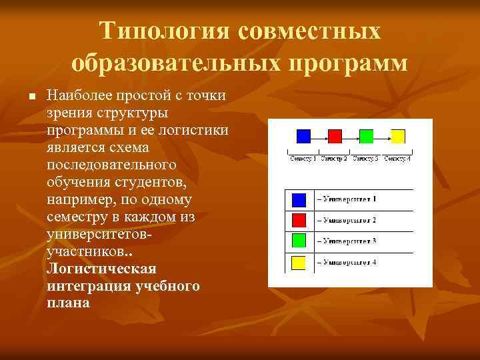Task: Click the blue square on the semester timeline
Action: pyautogui.click(x=303, y=136)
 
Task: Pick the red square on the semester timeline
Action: pyautogui.click(x=335, y=136)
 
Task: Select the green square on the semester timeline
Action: pyautogui.click(x=366, y=136)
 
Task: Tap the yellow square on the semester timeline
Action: pyautogui.click(x=397, y=136)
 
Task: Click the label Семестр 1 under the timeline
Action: pyautogui.click(x=303, y=159)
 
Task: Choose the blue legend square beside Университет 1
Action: pyautogui.click(x=299, y=199)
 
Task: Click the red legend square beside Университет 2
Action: pyautogui.click(x=299, y=220)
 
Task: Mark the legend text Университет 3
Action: pyautogui.click(x=347, y=241)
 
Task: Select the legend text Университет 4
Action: pyautogui.click(x=347, y=262)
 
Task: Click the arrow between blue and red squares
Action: pyautogui.click(x=319, y=137)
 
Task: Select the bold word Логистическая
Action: pyautogui.click(x=101, y=269)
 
